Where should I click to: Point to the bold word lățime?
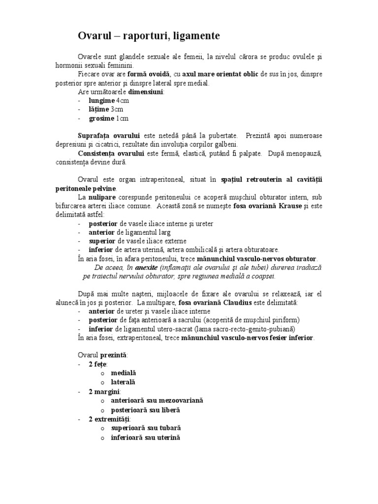98,109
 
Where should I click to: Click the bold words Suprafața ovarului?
109,135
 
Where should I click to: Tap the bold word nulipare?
100,197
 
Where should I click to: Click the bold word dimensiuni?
146,92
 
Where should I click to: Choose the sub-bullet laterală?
123,382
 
